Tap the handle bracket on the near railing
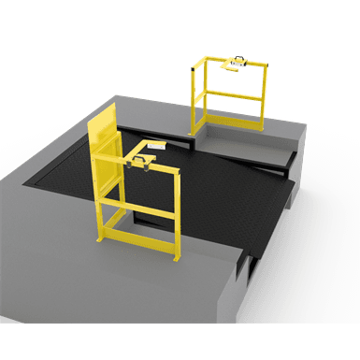[143, 161]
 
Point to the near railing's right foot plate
[176, 257]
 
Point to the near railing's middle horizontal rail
[141, 208]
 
